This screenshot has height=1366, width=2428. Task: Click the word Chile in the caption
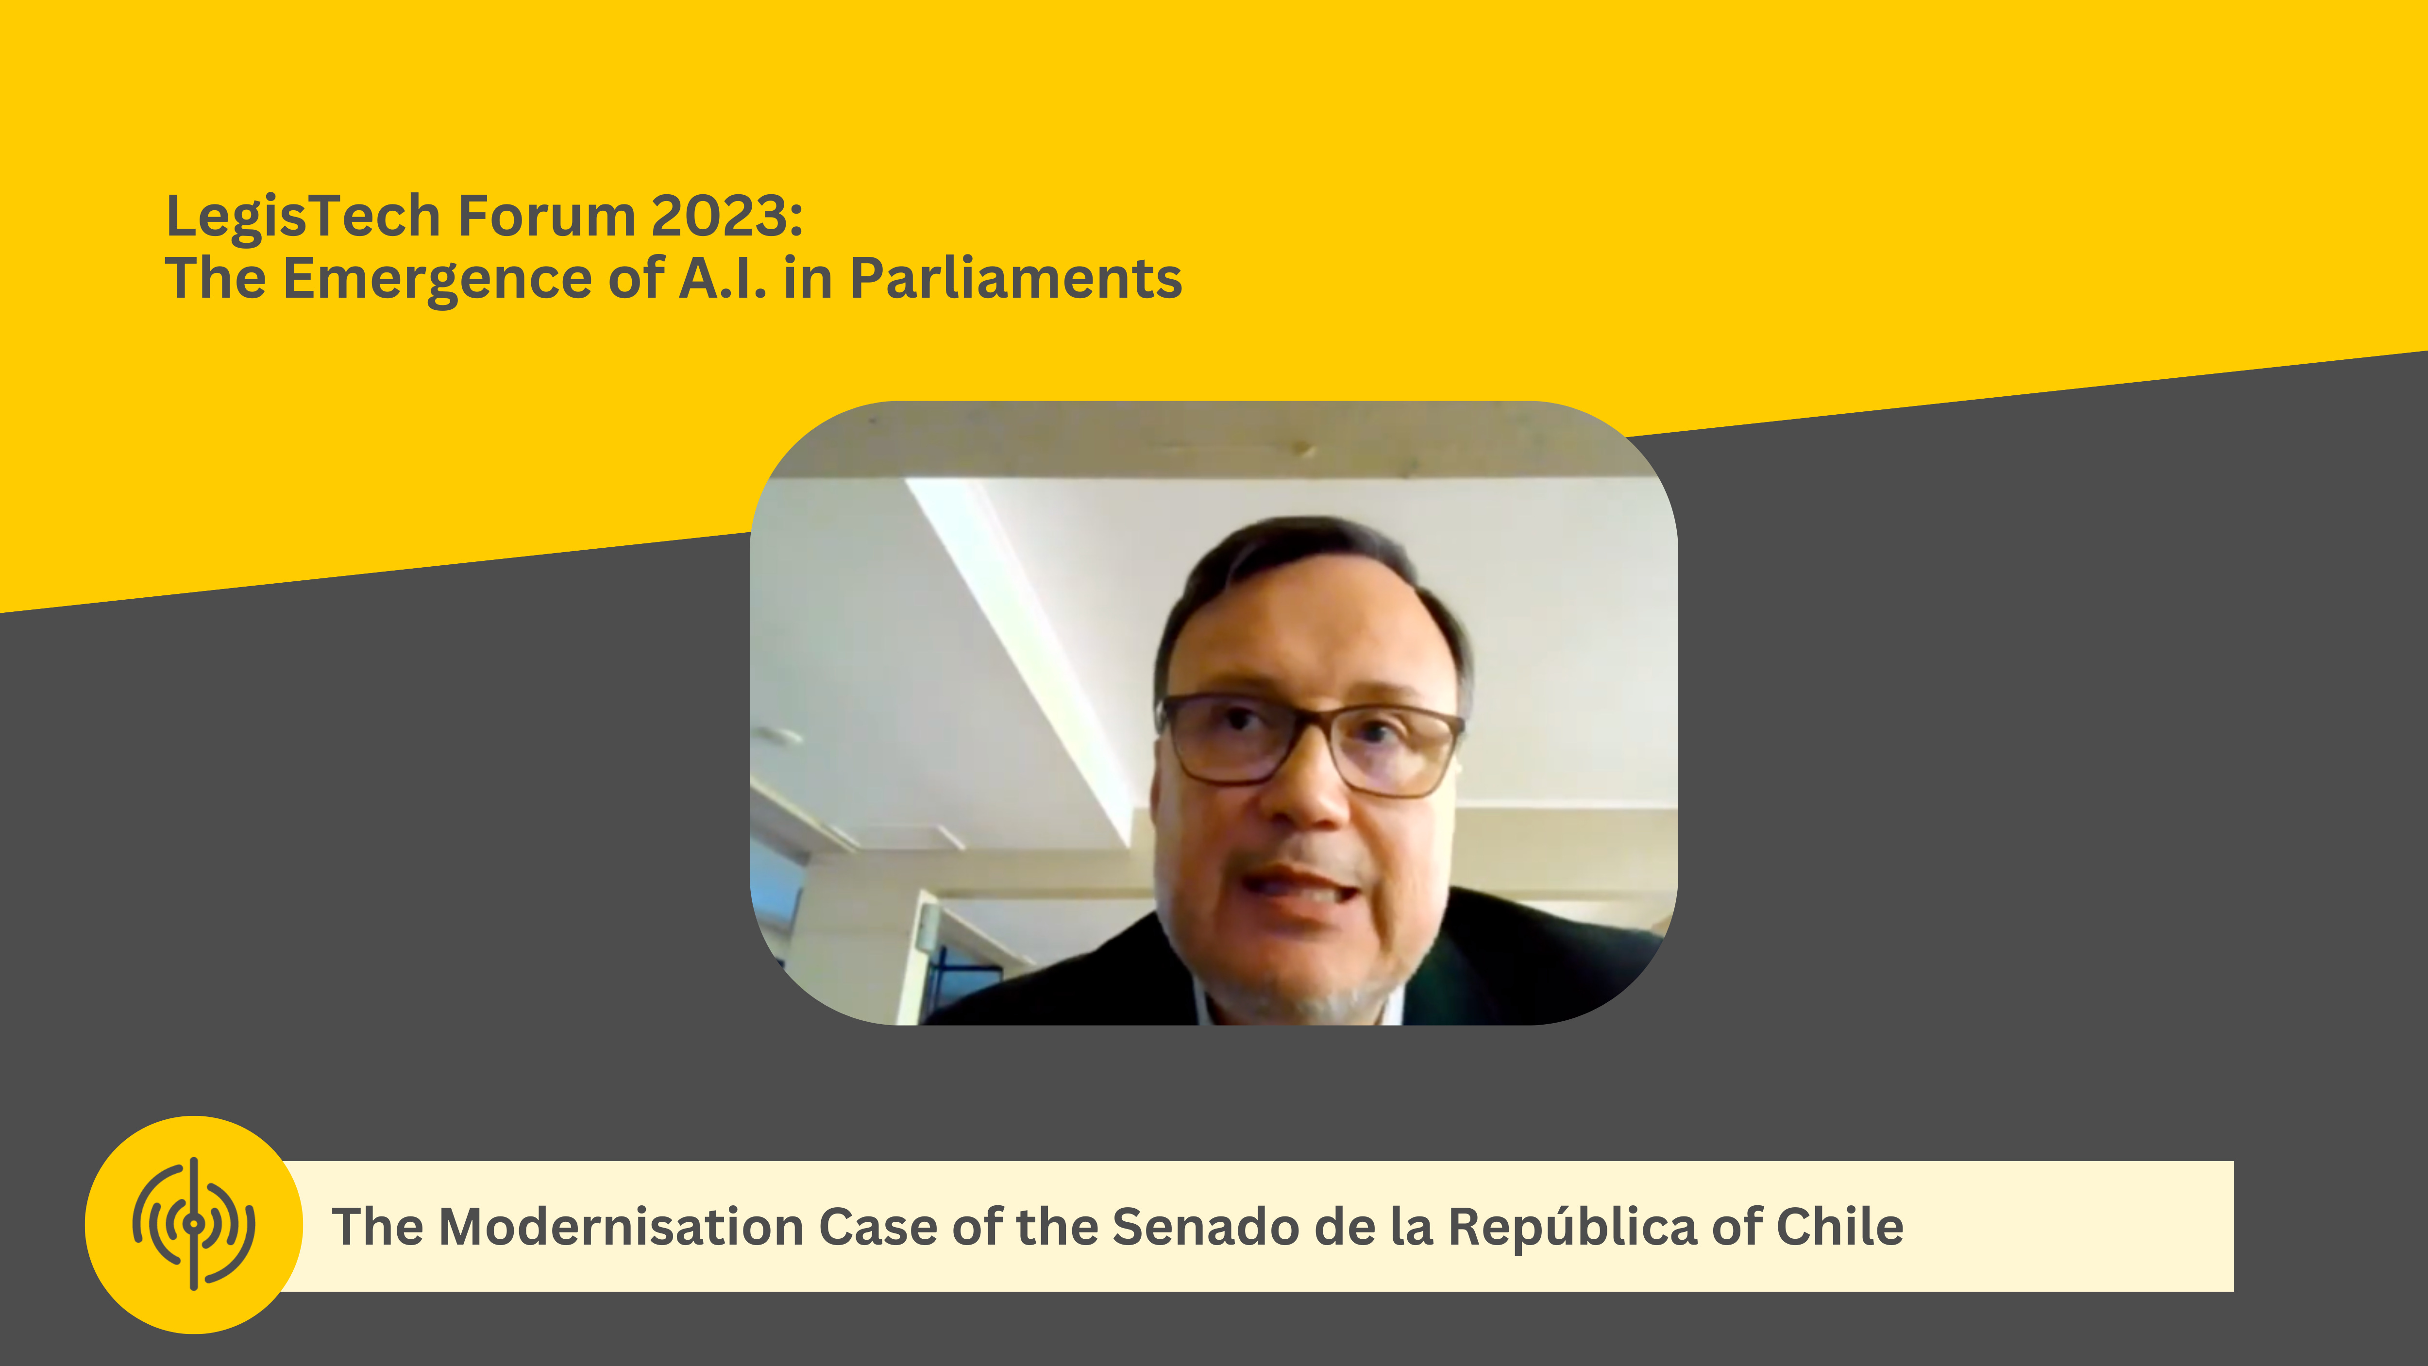point(1840,1227)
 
